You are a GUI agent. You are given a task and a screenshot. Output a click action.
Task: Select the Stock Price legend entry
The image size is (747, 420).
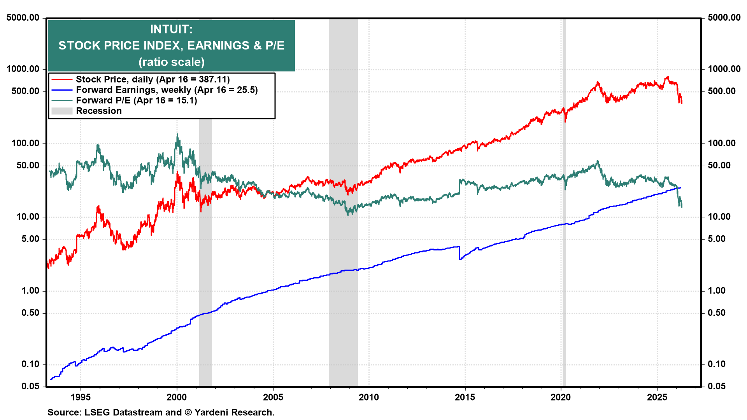(153, 79)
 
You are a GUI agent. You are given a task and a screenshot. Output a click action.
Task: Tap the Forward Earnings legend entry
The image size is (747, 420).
(167, 90)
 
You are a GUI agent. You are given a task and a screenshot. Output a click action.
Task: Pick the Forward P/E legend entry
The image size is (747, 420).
(136, 100)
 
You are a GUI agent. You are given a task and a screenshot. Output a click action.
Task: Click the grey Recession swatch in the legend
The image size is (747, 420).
(62, 111)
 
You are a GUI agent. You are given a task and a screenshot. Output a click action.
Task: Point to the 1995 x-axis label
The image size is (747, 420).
(81, 397)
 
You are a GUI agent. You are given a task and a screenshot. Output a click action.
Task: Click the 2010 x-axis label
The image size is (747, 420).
(368, 397)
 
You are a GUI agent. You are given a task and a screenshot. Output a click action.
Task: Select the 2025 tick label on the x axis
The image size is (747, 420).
(657, 397)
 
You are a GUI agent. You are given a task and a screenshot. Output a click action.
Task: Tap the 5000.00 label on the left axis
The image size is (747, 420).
(23, 17)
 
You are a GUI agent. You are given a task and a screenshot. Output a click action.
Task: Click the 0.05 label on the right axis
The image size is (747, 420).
(716, 386)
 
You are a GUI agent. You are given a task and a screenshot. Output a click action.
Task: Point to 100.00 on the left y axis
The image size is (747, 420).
(25, 143)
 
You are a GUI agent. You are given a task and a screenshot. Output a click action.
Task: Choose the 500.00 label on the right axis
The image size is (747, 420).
(722, 91)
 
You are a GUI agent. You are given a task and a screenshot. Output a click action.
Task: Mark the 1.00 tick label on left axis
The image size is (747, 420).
(30, 290)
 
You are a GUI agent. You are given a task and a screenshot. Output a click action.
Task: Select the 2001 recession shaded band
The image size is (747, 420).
(205, 253)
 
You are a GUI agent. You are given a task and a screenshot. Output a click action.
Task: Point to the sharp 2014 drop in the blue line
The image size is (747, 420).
(459, 253)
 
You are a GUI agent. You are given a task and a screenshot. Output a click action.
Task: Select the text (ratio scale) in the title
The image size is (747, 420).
(171, 62)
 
